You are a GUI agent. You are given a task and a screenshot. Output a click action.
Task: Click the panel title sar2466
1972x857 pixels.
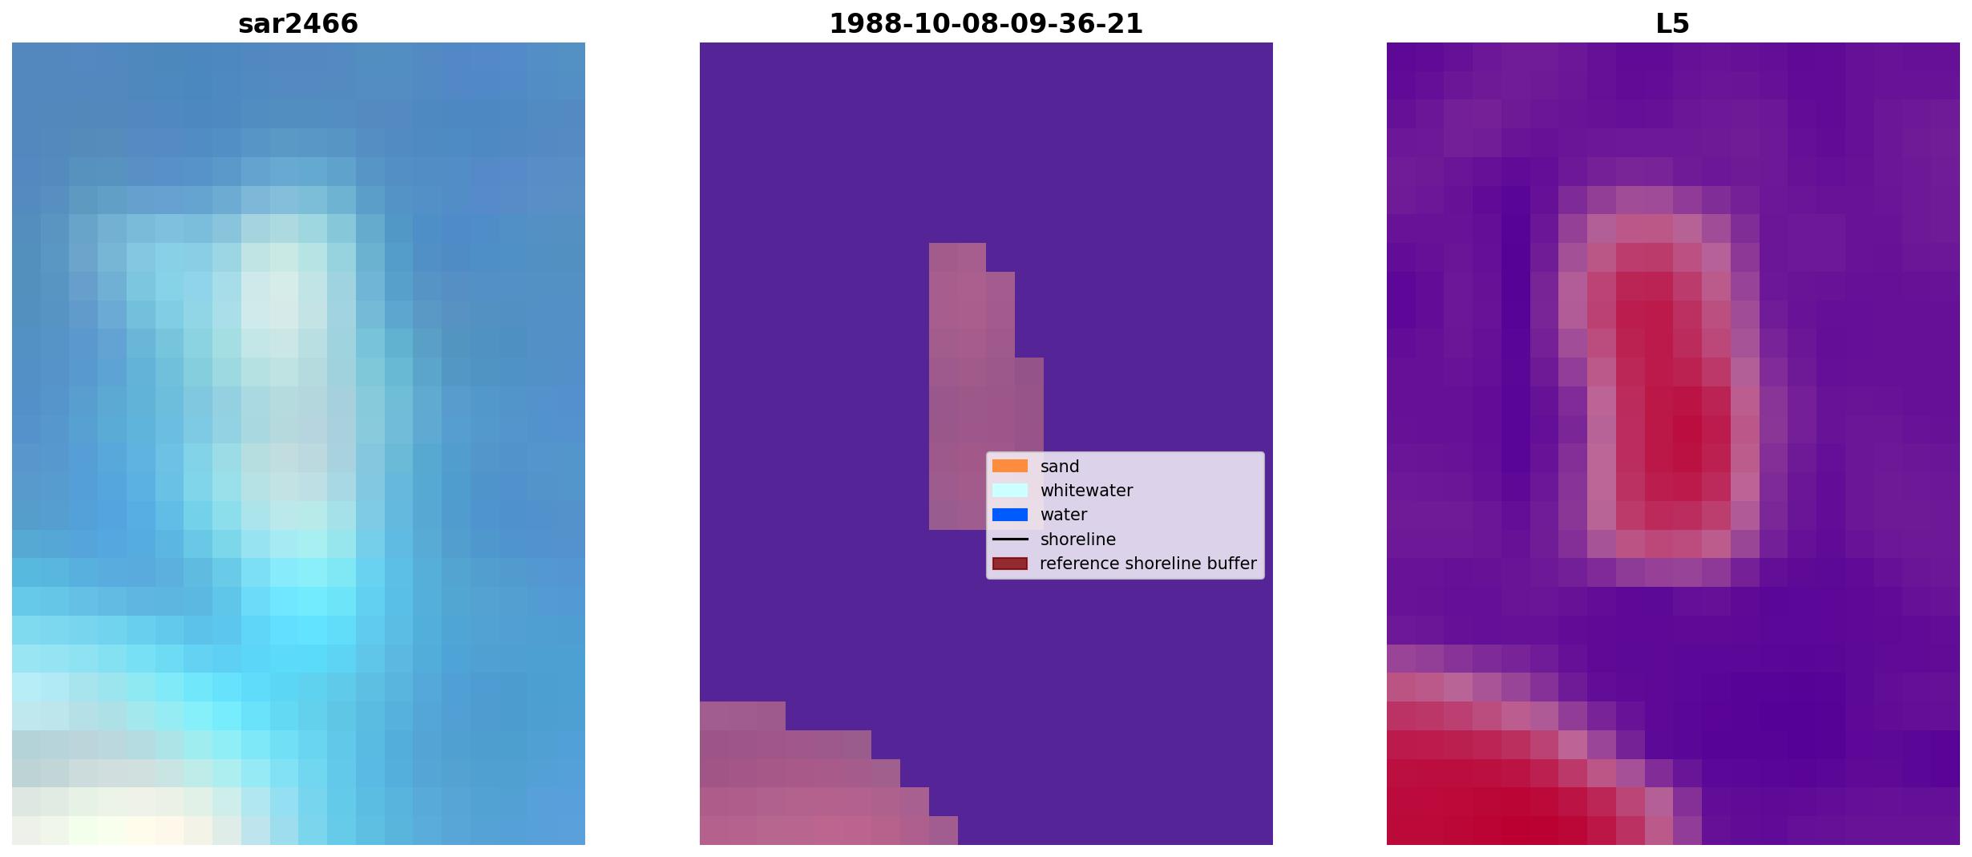tap(297, 23)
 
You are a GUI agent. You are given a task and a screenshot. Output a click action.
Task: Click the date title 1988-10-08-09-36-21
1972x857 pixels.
tap(985, 23)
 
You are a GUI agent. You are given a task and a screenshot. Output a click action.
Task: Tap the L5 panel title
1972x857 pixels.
tap(1672, 23)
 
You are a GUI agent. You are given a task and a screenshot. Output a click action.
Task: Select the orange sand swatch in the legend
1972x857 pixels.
tap(1010, 466)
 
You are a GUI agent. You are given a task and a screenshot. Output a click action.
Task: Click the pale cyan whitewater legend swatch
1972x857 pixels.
tap(1010, 490)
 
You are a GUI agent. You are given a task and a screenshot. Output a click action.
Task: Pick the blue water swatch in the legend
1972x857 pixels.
tap(1010, 515)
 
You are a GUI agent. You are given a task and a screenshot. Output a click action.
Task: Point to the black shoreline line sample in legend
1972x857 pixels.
tap(1010, 539)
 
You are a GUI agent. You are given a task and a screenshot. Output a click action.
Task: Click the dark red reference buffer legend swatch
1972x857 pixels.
tap(1010, 564)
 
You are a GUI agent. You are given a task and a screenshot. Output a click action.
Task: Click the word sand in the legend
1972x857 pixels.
tap(1060, 467)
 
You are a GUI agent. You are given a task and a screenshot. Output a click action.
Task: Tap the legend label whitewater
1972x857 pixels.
tap(1086, 491)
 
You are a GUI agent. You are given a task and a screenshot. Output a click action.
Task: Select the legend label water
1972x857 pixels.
tap(1064, 515)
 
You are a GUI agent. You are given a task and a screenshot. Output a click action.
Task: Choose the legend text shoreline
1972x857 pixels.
tap(1078, 540)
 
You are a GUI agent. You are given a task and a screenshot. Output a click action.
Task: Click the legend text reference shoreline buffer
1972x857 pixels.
tap(1148, 564)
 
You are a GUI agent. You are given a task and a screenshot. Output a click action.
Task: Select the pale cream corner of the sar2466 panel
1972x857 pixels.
tap(112, 818)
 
